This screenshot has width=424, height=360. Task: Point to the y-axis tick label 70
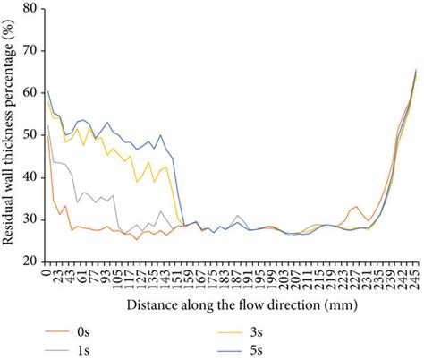coord(30,51)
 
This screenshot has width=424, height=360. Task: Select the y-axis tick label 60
coord(30,93)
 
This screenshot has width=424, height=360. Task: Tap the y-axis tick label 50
coord(30,135)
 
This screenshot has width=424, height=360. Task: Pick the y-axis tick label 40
coord(30,177)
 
